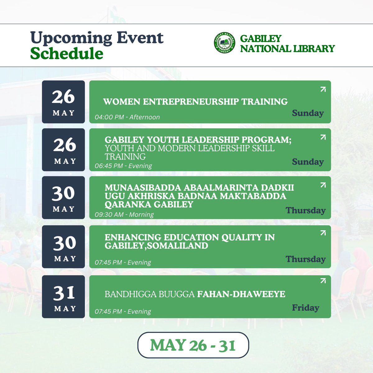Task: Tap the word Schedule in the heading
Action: pyautogui.click(x=67, y=53)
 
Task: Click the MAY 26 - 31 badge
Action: pyautogui.click(x=193, y=345)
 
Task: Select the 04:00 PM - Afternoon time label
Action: pyautogui.click(x=127, y=117)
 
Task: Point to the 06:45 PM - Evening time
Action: pyautogui.click(x=123, y=166)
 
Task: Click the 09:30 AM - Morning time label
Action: pyautogui.click(x=124, y=214)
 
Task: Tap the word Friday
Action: pyautogui.click(x=306, y=308)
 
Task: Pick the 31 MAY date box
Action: pyautogui.click(x=63, y=297)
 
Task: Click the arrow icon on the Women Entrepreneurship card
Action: pyautogui.click(x=323, y=89)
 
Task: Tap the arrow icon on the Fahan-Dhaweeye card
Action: pyautogui.click(x=323, y=281)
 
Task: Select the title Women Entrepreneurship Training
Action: pyautogui.click(x=195, y=102)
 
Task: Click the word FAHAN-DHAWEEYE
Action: pyautogui.click(x=241, y=294)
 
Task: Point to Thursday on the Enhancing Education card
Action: pyautogui.click(x=306, y=259)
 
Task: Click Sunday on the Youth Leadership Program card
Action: pyautogui.click(x=308, y=162)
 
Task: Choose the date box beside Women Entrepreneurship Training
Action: pyautogui.click(x=63, y=102)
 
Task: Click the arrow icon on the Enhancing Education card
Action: pyautogui.click(x=323, y=233)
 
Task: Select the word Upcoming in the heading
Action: pyautogui.click(x=71, y=38)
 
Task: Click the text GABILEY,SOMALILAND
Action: pyautogui.click(x=156, y=246)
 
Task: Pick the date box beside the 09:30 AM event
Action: pyautogui.click(x=63, y=198)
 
